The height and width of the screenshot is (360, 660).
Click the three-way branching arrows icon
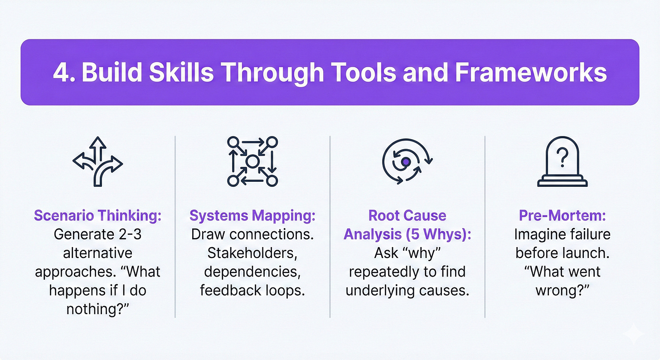(x=97, y=161)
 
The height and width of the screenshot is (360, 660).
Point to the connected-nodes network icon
(x=252, y=161)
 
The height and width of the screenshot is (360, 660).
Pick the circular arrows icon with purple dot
(x=407, y=161)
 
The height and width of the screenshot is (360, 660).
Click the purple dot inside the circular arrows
(x=406, y=161)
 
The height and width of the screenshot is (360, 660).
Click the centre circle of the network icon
(x=252, y=161)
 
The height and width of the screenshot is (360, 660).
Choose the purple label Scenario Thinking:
(x=97, y=216)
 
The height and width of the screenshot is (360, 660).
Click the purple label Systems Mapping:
(x=252, y=216)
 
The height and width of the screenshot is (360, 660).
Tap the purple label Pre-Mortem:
(x=562, y=216)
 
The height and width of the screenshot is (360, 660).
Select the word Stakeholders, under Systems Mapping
(x=252, y=253)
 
